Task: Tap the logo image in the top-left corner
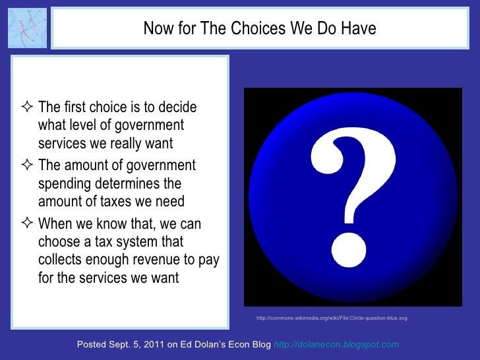coord(27,28)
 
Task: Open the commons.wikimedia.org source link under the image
coord(332,318)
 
